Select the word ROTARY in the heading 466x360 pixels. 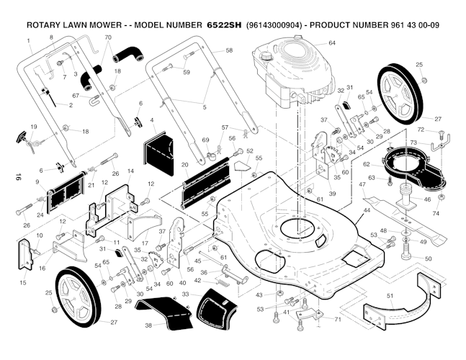(47, 24)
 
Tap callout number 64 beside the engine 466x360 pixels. (332, 43)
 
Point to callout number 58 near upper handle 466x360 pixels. (229, 51)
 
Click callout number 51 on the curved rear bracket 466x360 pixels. (390, 295)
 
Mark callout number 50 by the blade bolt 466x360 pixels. (428, 258)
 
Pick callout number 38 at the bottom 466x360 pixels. (149, 325)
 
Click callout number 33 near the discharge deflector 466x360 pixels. (186, 294)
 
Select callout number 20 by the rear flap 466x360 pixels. (185, 165)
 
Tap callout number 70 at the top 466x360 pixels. (108, 37)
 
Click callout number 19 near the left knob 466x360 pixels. (33, 127)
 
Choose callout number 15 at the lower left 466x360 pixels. (22, 283)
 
